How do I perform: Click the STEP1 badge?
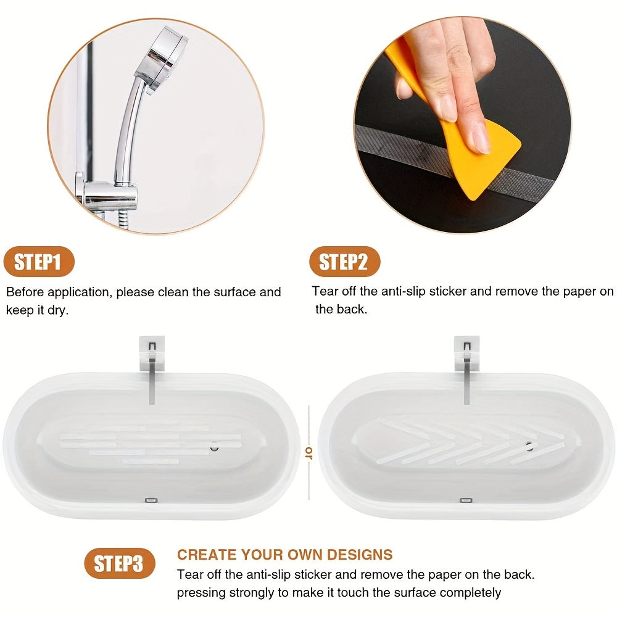point(38,262)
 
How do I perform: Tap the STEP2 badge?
point(344,262)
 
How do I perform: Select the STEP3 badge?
point(119,563)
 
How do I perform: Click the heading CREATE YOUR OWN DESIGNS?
point(284,554)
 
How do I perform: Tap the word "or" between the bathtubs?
point(308,453)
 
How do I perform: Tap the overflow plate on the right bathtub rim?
point(466,501)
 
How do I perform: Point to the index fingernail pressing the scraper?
point(476,141)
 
